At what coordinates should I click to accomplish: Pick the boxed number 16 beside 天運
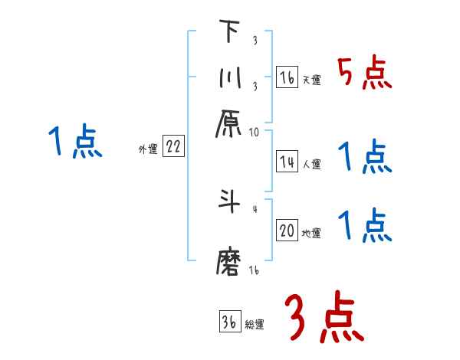point(287,77)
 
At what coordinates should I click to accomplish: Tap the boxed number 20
point(287,231)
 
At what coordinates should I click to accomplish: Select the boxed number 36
point(229,322)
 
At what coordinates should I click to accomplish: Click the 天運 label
point(311,80)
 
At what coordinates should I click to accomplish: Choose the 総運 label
point(254,325)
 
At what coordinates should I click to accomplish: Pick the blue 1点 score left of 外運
point(76,142)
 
